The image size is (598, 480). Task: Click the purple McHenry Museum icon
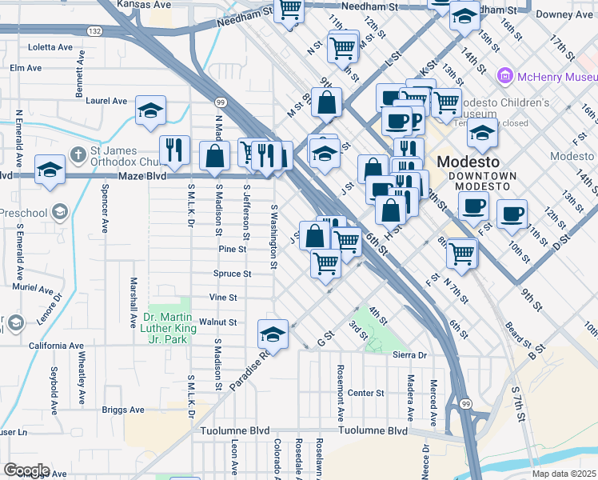pyautogui.click(x=504, y=77)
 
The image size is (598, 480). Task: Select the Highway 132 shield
pyautogui.click(x=95, y=30)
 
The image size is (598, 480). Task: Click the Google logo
pyautogui.click(x=26, y=470)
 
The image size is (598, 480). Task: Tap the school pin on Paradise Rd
pyautogui.click(x=273, y=334)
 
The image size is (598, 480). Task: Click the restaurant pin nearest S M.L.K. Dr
pyautogui.click(x=173, y=150)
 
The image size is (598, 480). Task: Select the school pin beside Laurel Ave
pyautogui.click(x=149, y=112)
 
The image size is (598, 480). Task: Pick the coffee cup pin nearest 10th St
pyautogui.click(x=512, y=214)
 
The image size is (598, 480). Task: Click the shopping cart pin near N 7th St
pyautogui.click(x=462, y=253)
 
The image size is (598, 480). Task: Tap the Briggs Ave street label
pyautogui.click(x=124, y=410)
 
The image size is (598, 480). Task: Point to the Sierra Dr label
pyautogui.click(x=410, y=354)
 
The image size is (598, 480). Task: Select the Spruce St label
pyautogui.click(x=233, y=274)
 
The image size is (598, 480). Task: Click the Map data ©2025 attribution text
pyautogui.click(x=564, y=474)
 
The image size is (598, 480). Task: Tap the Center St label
pyautogui.click(x=365, y=393)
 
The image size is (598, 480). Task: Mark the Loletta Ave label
pyautogui.click(x=50, y=47)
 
